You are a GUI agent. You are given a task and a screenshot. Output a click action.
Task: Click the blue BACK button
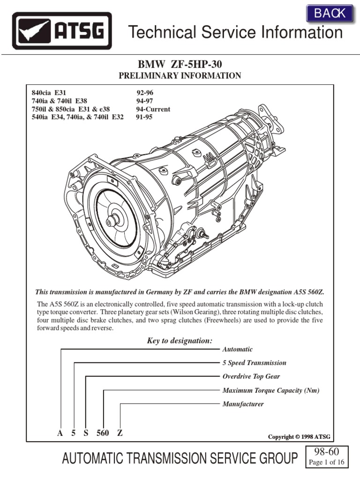(330, 14)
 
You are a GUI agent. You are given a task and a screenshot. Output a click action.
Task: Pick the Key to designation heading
(180, 341)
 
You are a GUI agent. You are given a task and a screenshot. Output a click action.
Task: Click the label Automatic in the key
(237, 349)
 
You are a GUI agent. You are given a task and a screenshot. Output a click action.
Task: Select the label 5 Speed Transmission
(254, 363)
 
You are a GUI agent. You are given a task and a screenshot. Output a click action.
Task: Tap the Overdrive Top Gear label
(251, 376)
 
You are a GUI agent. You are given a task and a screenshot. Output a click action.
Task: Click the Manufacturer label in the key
(243, 404)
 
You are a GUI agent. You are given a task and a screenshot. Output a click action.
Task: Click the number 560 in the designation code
(103, 433)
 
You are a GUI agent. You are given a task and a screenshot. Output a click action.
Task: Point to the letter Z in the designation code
(120, 433)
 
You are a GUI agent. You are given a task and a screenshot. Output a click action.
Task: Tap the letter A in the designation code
(60, 433)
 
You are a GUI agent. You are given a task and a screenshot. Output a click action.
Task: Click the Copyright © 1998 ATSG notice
(299, 437)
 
